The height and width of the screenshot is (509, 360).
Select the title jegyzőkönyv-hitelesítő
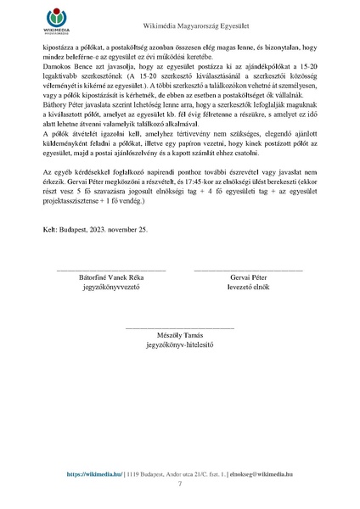coord(179,346)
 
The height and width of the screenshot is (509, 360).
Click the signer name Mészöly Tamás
coord(179,336)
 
